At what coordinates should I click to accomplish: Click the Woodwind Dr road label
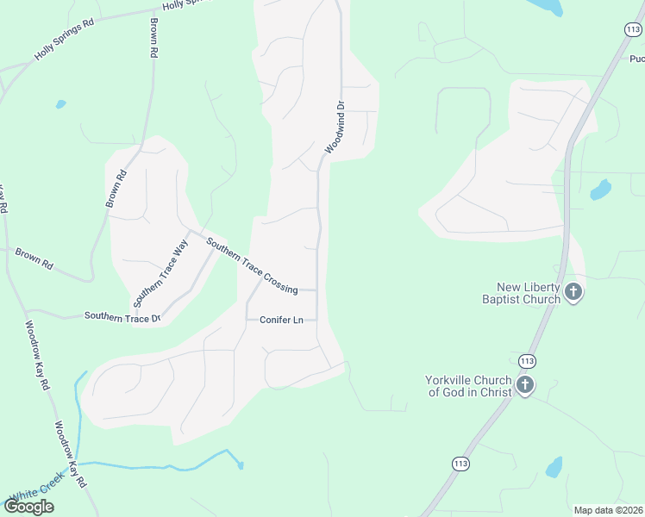(335, 128)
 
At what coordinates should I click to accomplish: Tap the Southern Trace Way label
(160, 273)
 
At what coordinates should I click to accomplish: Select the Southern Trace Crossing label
(252, 265)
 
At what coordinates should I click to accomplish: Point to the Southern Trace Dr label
(122, 317)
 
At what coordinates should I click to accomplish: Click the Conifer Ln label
(281, 321)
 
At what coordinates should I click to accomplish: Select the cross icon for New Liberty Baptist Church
(573, 293)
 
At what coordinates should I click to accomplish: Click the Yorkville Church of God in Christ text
(468, 386)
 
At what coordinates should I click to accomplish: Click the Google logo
(28, 506)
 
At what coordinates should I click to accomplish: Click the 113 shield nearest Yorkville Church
(528, 359)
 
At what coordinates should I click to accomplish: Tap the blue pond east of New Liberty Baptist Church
(600, 190)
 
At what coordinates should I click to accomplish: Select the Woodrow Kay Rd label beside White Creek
(72, 453)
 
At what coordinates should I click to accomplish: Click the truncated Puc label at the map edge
(636, 59)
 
